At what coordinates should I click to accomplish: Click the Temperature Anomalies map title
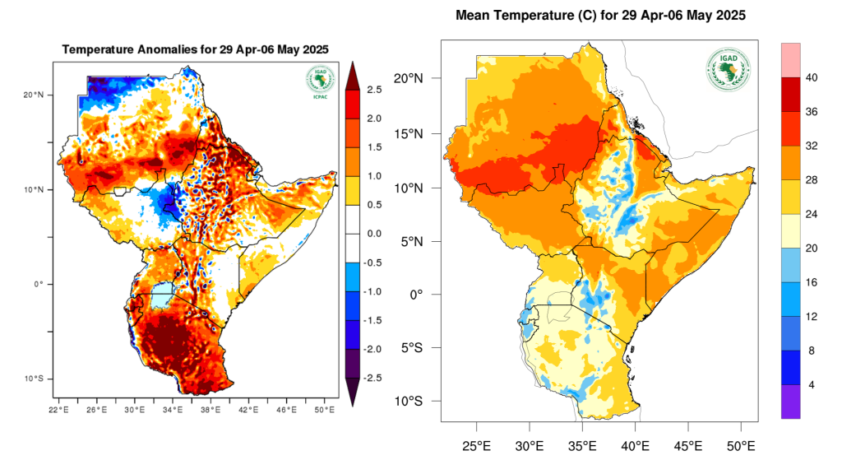point(196,49)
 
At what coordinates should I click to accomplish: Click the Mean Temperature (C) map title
point(600,16)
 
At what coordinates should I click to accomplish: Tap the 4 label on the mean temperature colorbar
point(812,385)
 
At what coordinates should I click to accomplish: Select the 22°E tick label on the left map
point(59,410)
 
